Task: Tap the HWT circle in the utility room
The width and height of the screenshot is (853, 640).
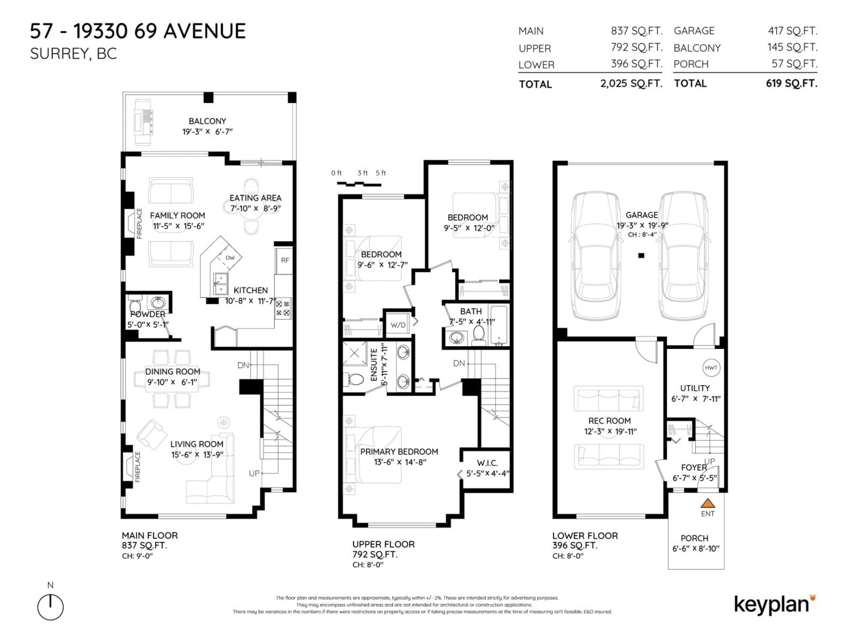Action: coord(711,368)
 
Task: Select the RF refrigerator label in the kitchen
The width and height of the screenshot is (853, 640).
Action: coord(285,260)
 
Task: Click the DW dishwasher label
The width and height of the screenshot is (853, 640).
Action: coord(230,258)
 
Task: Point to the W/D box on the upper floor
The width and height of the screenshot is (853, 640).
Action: coord(398,325)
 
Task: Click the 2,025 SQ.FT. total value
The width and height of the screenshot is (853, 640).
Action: coord(631,83)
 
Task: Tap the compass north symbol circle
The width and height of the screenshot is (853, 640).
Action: coord(50,608)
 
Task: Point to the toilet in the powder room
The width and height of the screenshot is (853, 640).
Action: coord(135,303)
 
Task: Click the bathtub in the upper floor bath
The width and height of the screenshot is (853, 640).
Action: coord(499,325)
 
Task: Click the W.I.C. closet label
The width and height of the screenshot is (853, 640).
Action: coord(487,463)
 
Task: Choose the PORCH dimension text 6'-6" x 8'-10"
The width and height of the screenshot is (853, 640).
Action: coord(696,549)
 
